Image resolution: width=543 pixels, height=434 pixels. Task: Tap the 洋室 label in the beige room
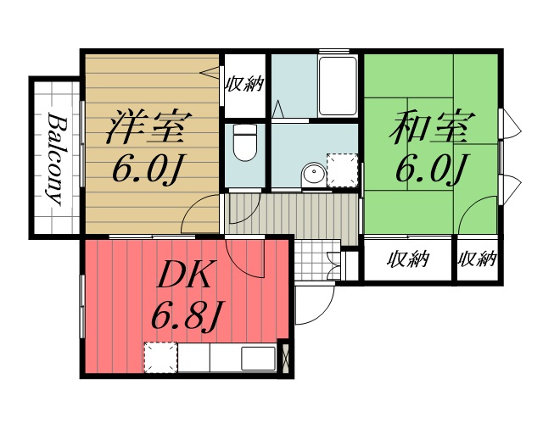pos(149,127)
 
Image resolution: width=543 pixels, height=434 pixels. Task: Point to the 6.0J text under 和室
pos(432,168)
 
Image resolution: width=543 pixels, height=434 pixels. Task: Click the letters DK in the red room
pos(184,275)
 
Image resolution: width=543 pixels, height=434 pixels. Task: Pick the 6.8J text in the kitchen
pos(187,315)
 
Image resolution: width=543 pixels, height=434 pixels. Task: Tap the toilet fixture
pos(245,142)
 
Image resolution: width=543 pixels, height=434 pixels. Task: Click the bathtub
pos(338,86)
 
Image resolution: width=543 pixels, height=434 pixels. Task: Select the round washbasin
pos(314,173)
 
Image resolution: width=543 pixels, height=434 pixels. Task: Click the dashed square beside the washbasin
pos(342,170)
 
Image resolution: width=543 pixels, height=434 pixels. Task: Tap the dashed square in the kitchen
pos(160,358)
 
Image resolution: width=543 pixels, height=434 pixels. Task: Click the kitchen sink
pos(258,359)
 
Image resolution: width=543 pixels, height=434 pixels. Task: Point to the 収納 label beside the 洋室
pos(245,84)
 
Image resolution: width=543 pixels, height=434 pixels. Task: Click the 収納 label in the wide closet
pos(408,259)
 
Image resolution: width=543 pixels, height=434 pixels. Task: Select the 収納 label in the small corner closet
pos(478,259)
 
